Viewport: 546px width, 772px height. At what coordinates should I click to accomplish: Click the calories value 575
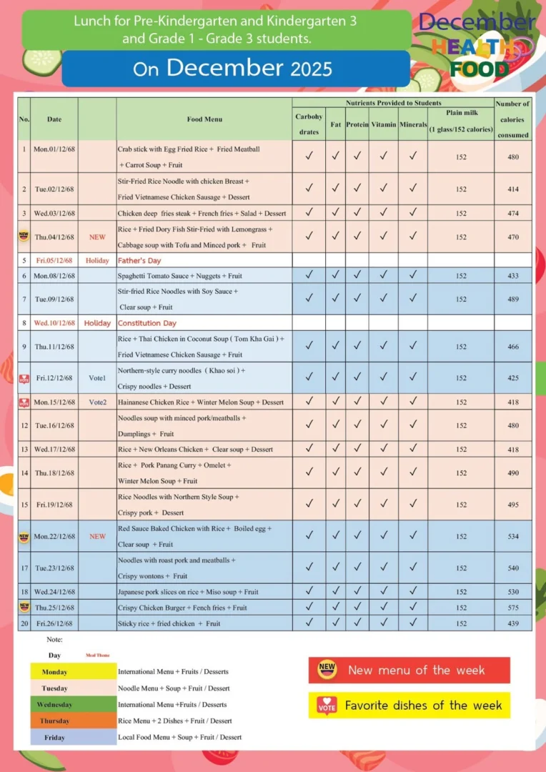pyautogui.click(x=513, y=608)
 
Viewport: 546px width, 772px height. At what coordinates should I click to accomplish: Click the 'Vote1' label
pyautogui.click(x=97, y=377)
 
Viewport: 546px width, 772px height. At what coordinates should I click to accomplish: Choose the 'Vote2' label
pyautogui.click(x=97, y=402)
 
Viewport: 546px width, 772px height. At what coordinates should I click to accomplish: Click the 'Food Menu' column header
pyautogui.click(x=204, y=119)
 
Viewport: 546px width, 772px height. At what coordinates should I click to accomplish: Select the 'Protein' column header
pyautogui.click(x=357, y=124)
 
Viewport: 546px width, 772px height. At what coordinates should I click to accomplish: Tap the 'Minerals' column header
pyautogui.click(x=412, y=124)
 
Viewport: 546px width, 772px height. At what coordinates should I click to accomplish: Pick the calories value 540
pyautogui.click(x=513, y=568)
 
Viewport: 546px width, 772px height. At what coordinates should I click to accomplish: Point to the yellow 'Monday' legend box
pyautogui.click(x=73, y=672)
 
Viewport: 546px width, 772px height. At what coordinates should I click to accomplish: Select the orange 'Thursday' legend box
pyautogui.click(x=73, y=721)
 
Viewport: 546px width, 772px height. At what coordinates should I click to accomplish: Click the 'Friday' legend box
pyautogui.click(x=73, y=737)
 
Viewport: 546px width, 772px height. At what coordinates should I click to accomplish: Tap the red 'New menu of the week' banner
pyautogui.click(x=409, y=670)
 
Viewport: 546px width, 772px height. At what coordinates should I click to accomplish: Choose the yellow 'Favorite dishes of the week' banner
pyautogui.click(x=409, y=706)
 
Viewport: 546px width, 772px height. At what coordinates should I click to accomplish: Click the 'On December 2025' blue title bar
pyautogui.click(x=236, y=69)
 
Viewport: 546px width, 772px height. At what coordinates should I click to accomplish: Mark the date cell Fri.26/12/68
pyautogui.click(x=54, y=623)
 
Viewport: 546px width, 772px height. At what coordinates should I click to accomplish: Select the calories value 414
pyautogui.click(x=513, y=189)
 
